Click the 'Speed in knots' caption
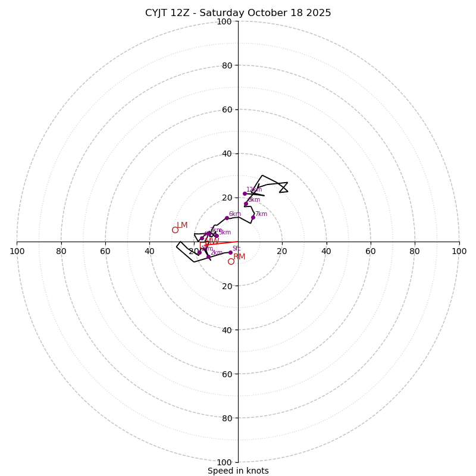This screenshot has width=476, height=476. (238, 471)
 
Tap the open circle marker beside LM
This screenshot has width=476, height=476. (175, 230)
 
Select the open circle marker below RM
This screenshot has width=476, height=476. (231, 261)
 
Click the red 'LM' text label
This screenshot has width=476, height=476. (182, 226)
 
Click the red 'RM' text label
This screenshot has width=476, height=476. (239, 256)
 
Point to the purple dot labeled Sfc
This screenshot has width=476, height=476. (230, 252)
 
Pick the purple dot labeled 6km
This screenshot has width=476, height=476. (227, 218)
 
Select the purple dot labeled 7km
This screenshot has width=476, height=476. (253, 217)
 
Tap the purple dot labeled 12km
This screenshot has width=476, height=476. (245, 193)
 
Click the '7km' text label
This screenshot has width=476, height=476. (261, 214)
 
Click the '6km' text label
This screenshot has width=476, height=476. (235, 214)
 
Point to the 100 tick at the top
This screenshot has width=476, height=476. (224, 21)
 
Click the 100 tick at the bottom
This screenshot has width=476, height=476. (224, 462)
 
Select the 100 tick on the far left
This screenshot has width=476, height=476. (17, 251)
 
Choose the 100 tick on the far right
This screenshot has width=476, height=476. (459, 251)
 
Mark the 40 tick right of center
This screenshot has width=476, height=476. (326, 251)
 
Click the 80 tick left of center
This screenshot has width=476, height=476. (61, 251)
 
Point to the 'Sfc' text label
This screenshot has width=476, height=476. (236, 249)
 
